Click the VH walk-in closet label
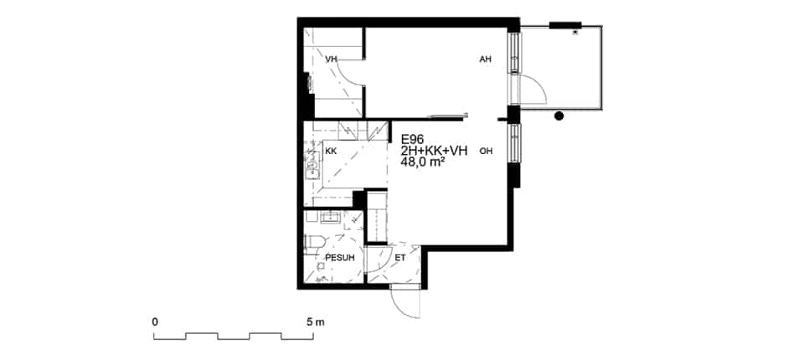(332, 59)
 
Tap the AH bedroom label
(485, 59)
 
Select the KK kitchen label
(331, 152)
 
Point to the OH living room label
(486, 152)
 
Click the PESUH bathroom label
(340, 258)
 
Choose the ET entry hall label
(400, 258)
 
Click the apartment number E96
(413, 139)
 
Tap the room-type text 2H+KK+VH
(435, 150)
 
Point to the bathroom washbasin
(332, 218)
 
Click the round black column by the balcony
(559, 116)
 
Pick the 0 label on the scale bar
(155, 322)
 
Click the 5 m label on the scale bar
(316, 322)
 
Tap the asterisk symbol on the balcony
(575, 33)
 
